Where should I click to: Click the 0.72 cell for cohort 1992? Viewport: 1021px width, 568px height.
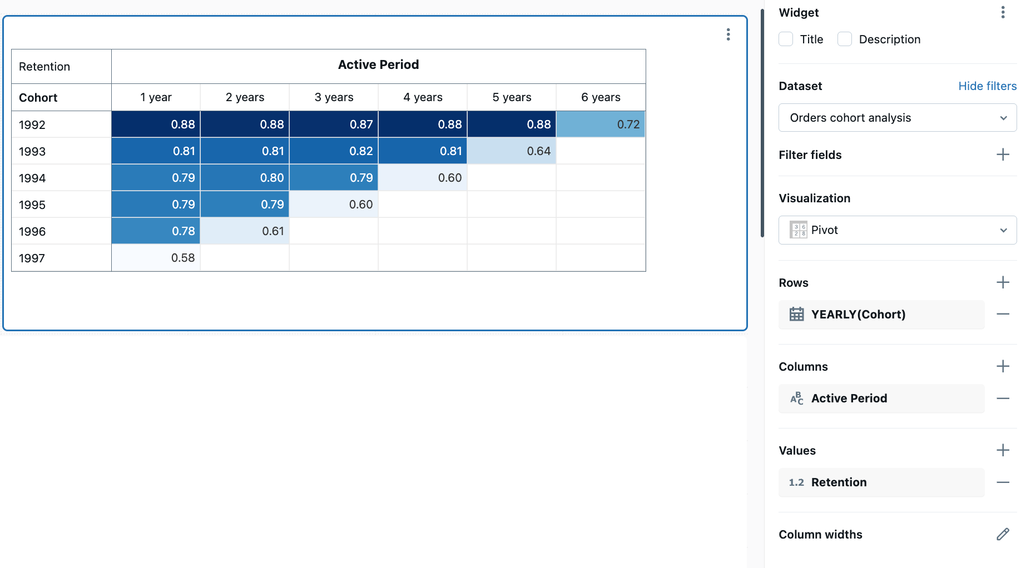point(601,124)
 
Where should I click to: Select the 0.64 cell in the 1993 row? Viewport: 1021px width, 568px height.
point(512,151)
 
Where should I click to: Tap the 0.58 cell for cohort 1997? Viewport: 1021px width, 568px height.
point(156,258)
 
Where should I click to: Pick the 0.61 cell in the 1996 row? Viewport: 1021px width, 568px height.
point(245,231)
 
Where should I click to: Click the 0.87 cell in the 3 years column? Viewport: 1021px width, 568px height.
point(334,124)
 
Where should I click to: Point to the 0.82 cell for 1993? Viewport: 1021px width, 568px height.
point(334,151)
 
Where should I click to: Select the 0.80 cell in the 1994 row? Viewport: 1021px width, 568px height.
point(245,178)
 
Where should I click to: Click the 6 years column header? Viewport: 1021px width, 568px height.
point(601,97)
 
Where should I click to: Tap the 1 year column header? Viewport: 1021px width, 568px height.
point(156,97)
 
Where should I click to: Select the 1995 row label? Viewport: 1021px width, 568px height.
point(32,205)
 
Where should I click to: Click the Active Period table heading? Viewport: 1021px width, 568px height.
point(378,65)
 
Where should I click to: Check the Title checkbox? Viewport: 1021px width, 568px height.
point(786,39)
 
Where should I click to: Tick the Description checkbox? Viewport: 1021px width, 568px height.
point(845,39)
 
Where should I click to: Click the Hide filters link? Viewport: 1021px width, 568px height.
point(987,86)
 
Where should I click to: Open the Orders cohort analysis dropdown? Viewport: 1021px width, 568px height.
point(897,118)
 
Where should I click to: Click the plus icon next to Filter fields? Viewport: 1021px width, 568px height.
point(1003,155)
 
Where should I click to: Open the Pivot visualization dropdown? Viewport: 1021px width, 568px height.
point(897,230)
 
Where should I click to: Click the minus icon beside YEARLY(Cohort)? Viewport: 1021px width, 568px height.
point(1003,314)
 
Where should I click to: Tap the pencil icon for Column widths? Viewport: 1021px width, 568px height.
point(1003,534)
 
